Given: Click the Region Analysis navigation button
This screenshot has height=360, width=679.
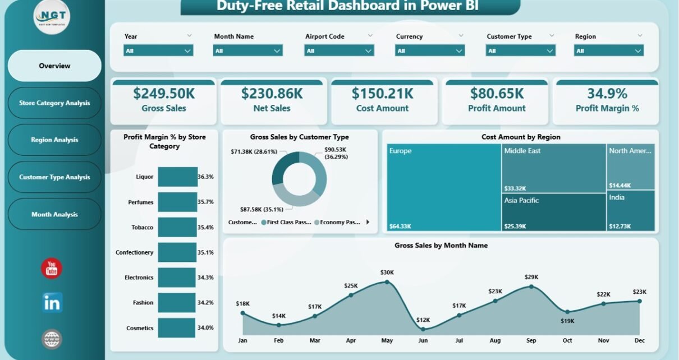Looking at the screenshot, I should click(x=54, y=140).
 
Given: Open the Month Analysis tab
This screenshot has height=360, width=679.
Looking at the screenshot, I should click(x=54, y=214).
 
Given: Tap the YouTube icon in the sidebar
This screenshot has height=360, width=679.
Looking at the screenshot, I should click(x=52, y=269).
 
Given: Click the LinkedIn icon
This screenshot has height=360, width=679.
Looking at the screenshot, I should click(x=52, y=303).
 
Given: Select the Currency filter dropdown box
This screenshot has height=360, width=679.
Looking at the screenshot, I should click(x=430, y=50).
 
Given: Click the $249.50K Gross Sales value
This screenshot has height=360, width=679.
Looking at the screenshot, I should click(x=163, y=93).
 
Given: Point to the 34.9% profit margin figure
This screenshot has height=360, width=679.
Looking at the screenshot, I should click(x=607, y=93).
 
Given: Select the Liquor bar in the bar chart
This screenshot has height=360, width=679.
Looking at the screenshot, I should click(x=177, y=177).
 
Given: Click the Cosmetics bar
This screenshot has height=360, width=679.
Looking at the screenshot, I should click(x=177, y=327).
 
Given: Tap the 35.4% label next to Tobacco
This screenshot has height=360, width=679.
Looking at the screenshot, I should click(x=206, y=227).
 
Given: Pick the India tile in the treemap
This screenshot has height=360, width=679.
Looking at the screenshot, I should click(x=631, y=211).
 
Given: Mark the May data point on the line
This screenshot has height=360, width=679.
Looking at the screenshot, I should click(x=387, y=281).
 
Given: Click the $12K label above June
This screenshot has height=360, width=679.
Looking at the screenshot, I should click(x=423, y=320).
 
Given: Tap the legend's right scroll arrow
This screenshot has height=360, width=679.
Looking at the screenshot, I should click(x=368, y=222).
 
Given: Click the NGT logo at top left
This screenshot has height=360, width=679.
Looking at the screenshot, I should click(x=52, y=17).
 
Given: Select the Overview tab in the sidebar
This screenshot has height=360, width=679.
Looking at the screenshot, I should click(x=54, y=66).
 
